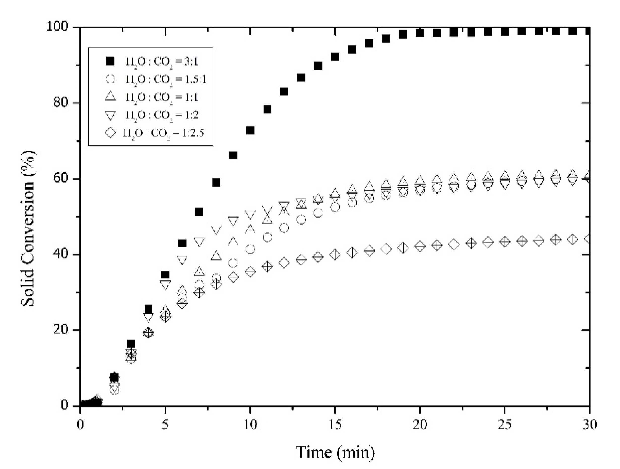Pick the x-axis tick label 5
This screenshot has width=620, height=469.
point(165,424)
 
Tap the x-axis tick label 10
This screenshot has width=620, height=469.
point(250,424)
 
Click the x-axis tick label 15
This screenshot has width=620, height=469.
point(335,424)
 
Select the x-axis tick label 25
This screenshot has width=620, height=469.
point(505,424)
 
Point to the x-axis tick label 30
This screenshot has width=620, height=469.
point(590,424)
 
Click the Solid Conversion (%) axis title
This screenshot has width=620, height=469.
point(28,229)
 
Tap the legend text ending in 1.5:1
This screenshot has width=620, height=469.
point(165,80)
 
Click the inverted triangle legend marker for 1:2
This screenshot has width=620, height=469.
point(110,115)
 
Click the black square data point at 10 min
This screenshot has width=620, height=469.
point(250,130)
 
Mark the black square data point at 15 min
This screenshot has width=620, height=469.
point(335,57)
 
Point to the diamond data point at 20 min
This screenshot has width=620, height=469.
point(420,246)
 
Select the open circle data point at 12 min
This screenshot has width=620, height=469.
point(284,228)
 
